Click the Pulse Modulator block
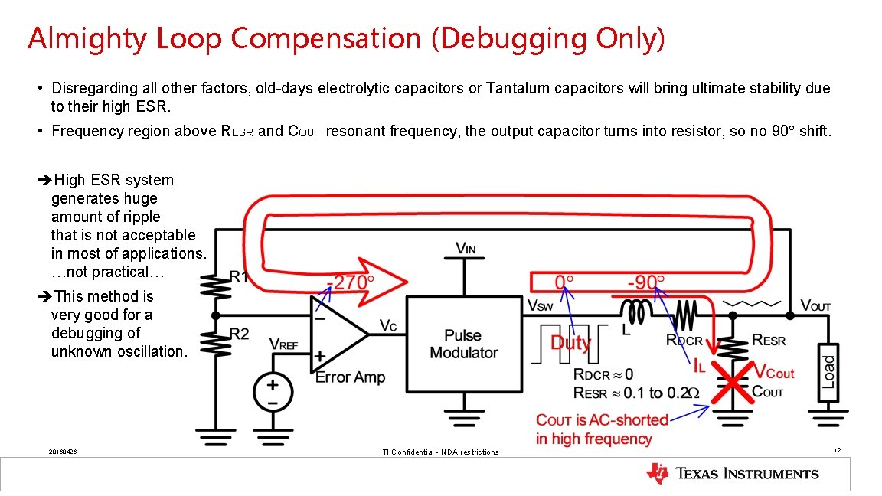pos(463,344)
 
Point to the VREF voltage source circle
pos(272,390)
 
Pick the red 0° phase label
pos(564,282)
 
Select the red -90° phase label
pos(646,282)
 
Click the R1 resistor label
pos(240,276)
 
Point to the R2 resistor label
pos(240,334)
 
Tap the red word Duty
pos(570,342)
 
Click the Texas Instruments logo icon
pos(656,474)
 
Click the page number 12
pos(838,450)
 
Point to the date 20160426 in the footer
pos(62,452)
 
